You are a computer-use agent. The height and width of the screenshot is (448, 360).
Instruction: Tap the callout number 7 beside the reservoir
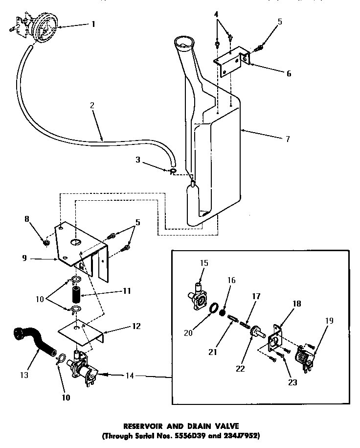[x=288, y=139]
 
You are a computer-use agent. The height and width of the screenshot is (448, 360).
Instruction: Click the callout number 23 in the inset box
[x=292, y=383]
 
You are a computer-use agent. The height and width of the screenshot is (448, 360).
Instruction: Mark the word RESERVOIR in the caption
[x=141, y=426]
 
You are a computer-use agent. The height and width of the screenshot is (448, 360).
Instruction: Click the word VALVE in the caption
[x=227, y=426]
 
